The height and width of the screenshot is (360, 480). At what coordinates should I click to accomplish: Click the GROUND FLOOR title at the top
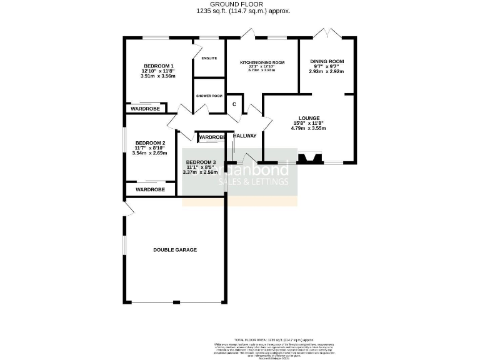point(240,4)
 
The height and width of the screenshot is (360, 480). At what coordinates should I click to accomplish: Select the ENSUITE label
point(209,59)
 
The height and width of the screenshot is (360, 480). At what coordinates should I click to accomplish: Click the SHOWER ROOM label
point(209,96)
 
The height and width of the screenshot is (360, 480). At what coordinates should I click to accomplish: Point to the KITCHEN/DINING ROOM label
point(262,62)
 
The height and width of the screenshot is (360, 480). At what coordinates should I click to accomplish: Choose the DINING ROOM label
point(327,61)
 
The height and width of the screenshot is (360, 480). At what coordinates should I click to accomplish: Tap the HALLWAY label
point(245,136)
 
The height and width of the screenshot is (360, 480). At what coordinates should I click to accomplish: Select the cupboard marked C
point(234,104)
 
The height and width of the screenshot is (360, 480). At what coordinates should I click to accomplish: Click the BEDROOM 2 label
point(150,142)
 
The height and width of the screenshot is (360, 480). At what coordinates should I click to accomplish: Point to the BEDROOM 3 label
point(200,162)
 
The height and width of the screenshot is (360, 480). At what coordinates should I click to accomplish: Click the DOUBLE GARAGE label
point(175,250)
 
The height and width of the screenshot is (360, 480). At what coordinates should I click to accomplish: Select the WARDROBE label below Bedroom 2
point(150,189)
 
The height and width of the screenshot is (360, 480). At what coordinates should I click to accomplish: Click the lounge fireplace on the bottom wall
point(309,159)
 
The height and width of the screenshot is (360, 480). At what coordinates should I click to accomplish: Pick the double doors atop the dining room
point(328,33)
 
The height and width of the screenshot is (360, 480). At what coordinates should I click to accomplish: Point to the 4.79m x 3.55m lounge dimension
point(309,129)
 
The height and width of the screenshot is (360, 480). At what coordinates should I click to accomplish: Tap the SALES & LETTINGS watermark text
point(256,182)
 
